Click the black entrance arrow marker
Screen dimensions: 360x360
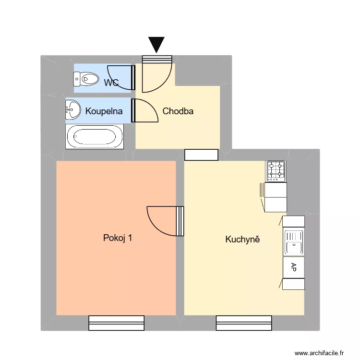[156, 44]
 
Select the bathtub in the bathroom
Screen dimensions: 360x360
[95, 137]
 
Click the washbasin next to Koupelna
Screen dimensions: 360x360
[73, 109]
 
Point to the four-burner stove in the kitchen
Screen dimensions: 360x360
[276, 171]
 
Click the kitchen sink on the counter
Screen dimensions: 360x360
[293, 242]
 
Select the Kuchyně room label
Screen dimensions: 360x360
[242, 239]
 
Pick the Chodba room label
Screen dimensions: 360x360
[178, 111]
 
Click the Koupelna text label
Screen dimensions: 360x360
[104, 111]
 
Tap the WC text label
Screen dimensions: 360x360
[111, 83]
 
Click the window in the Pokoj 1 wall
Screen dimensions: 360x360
[117, 323]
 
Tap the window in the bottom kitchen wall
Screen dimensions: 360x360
[244, 323]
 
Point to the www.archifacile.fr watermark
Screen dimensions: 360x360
[319, 352]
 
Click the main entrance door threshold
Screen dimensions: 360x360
[157, 59]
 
